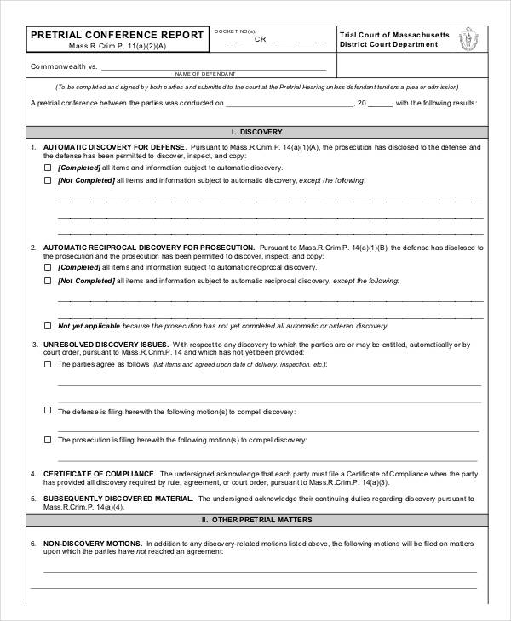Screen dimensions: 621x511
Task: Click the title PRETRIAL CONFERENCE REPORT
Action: [x=117, y=35]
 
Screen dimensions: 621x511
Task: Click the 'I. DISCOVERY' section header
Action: [x=255, y=132]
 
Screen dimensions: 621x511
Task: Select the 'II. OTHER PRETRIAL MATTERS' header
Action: [x=255, y=519]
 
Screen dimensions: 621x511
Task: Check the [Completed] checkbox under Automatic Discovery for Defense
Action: [x=47, y=168]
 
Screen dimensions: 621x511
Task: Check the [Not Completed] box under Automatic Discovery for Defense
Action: [x=47, y=180]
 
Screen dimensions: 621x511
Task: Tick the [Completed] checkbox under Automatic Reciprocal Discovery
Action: [x=47, y=267]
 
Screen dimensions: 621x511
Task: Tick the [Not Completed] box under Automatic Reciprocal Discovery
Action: [x=47, y=280]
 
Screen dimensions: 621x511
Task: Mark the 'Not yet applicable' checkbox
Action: [x=47, y=325]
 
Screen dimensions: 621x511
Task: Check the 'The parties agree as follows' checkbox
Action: [x=47, y=363]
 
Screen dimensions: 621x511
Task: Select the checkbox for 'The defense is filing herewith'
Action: [x=47, y=411]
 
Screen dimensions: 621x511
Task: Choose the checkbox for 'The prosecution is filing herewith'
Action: [x=47, y=439]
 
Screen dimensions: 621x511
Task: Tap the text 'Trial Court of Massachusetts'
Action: [x=393, y=34]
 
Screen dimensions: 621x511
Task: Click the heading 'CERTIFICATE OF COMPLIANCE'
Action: [x=99, y=473]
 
